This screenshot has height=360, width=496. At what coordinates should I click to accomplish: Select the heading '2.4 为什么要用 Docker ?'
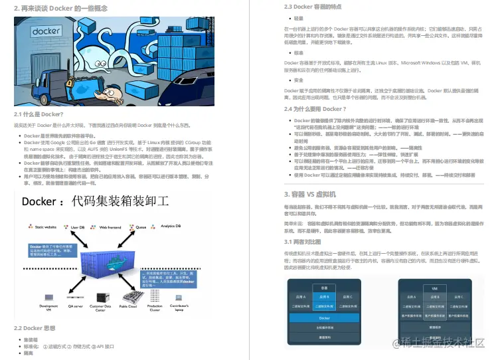(x=315, y=109)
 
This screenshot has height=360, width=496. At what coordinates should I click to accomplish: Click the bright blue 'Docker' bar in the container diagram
(x=324, y=318)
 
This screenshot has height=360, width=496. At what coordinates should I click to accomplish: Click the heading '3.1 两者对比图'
(x=304, y=241)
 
